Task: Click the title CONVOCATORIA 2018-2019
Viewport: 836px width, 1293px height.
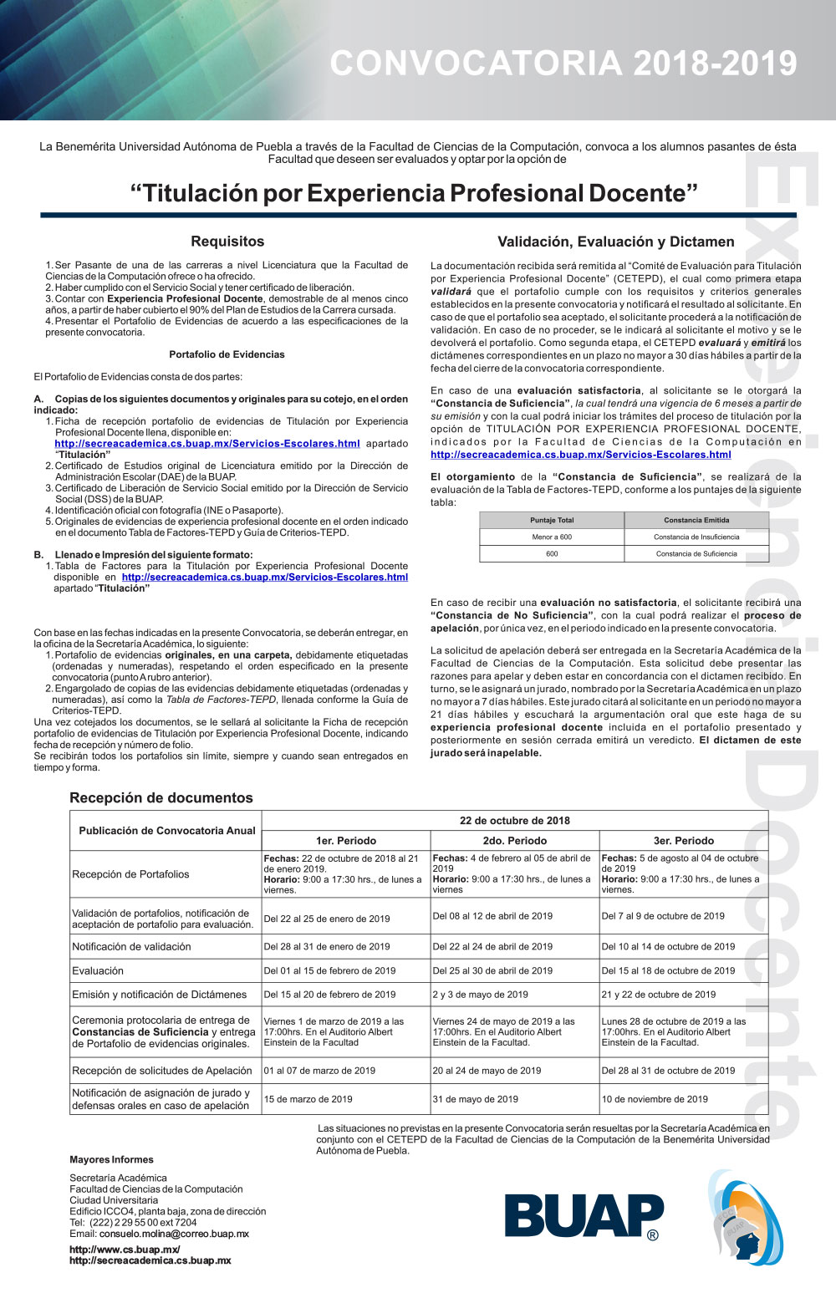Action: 563,64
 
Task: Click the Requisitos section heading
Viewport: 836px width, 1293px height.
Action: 227,242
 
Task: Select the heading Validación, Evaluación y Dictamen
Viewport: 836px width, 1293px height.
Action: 615,242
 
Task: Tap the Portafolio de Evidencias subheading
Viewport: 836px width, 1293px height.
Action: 227,354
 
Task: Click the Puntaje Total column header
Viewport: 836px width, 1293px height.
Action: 552,520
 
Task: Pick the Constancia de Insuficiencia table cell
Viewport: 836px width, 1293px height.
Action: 696,537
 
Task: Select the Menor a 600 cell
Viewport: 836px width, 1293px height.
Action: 552,537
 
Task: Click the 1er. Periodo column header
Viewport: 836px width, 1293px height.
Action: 346,841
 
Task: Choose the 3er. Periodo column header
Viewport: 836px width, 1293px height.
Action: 684,841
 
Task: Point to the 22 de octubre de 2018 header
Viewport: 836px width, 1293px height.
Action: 515,821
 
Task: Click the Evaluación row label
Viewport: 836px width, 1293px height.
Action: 98,971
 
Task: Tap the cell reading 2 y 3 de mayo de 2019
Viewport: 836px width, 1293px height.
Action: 481,995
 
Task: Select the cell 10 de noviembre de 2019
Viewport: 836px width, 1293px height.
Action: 655,1099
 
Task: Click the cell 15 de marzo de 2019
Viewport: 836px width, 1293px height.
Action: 308,1099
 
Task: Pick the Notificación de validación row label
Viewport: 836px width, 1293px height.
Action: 131,947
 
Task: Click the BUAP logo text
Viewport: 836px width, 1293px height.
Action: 583,1216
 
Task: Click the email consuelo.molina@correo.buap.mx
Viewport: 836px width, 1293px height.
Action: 174,1234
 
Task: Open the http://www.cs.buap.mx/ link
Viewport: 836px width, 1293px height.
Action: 125,1250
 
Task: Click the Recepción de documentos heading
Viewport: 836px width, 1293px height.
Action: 161,798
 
